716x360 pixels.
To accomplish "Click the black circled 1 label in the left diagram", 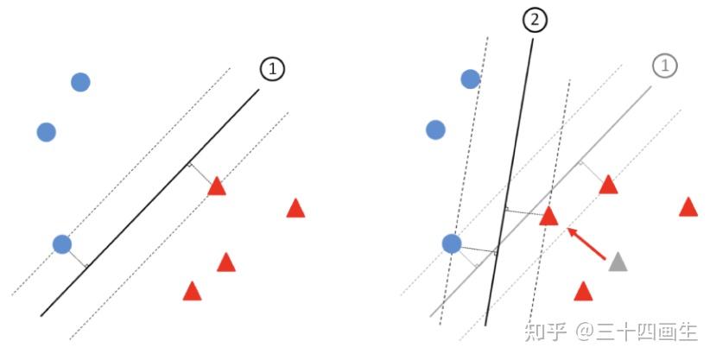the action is point(272,69).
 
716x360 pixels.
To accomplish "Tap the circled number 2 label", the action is point(535,20).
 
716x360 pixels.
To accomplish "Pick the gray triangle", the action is point(618,262).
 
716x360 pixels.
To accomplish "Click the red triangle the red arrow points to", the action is point(548,216).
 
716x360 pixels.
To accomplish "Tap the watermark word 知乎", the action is point(546,331).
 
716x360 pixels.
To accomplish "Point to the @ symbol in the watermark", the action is point(585,332).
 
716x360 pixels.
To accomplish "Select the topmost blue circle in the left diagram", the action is point(80,82).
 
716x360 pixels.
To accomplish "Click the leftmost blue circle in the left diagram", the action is point(47,132).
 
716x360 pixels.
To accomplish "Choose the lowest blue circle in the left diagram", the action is point(61,244).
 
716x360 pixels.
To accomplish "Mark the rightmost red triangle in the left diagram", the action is point(295,208).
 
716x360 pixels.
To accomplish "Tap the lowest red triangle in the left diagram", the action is point(192,291).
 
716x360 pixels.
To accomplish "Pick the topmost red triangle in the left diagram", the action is point(217,186).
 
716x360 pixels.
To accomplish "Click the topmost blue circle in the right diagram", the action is point(470,79).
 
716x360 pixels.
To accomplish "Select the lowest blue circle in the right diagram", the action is point(452,243).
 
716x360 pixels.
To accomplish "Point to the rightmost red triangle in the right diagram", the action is point(688,207).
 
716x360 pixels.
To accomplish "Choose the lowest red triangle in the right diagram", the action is point(583,291).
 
